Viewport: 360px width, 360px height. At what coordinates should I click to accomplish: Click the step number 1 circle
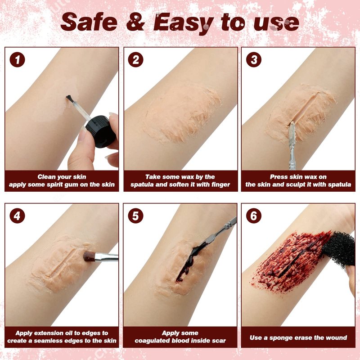17,59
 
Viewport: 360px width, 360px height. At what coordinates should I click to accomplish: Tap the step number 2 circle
135,59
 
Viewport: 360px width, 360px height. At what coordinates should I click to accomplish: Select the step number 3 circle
253,59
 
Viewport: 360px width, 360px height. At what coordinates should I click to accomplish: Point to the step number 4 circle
17,216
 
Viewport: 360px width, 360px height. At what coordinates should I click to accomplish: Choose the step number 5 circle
135,216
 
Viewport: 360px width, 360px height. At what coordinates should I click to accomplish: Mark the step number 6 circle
253,216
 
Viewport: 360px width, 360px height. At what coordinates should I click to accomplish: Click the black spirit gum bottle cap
100,131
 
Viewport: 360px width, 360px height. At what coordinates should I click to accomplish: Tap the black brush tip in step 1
70,99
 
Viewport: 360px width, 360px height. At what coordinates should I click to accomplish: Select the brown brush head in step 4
89,256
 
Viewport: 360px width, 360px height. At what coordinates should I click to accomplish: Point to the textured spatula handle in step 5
229,224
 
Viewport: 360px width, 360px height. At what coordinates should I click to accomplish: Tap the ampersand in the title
135,22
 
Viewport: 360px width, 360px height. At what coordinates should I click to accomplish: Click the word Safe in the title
89,22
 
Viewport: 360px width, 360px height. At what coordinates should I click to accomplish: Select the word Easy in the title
183,23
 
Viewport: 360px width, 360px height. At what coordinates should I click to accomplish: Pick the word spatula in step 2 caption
142,185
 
